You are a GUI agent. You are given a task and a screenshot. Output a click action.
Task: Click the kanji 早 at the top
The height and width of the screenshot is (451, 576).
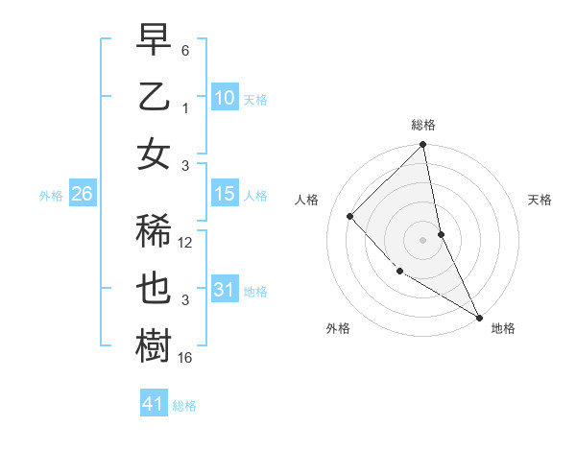point(154,39)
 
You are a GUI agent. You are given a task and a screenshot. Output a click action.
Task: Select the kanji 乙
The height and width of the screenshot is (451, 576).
point(154,97)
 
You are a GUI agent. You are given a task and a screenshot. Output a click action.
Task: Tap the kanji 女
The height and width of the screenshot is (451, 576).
point(154,154)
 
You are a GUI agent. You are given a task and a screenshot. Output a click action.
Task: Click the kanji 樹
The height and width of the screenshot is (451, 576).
point(154,346)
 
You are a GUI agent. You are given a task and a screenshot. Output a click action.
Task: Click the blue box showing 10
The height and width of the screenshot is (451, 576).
point(224,97)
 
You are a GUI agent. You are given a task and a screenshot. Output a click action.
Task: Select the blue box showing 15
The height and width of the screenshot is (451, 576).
point(224,194)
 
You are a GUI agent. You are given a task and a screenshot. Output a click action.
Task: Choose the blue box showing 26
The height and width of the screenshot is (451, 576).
point(82,194)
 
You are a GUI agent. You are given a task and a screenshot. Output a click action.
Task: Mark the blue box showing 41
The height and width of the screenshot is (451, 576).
point(154,404)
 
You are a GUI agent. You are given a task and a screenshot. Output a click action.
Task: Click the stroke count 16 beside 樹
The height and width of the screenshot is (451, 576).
point(186,358)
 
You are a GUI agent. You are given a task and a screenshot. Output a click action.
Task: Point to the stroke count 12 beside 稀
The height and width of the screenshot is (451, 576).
point(186,243)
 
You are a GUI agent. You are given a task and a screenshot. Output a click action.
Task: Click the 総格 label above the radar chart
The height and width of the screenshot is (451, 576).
point(423,125)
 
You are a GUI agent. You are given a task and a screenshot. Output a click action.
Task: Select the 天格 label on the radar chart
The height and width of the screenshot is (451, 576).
point(540,200)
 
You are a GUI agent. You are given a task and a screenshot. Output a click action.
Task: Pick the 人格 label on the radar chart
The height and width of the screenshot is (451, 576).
point(307,200)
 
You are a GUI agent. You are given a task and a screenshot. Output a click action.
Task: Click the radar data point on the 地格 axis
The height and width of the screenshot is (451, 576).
point(479,317)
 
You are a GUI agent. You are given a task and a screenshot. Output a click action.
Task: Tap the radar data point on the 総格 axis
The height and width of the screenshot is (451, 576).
point(423,146)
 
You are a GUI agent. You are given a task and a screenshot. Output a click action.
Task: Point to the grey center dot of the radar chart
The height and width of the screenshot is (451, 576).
point(423,239)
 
